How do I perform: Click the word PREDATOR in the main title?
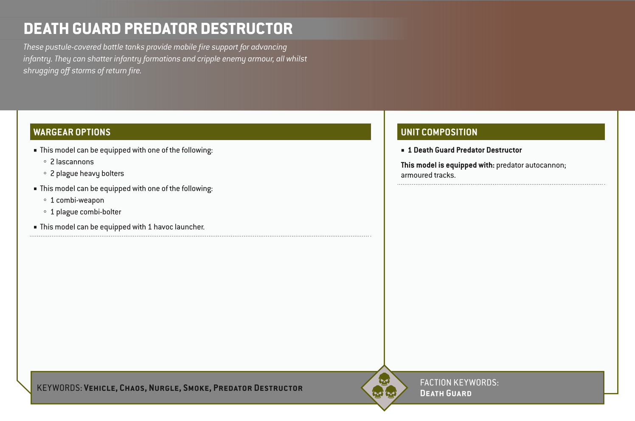[161, 29]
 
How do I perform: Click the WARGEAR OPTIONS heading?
[72, 132]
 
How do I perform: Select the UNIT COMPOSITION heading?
[439, 132]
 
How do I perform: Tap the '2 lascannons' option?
[72, 162]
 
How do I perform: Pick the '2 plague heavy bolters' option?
[87, 174]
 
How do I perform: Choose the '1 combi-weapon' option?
[77, 200]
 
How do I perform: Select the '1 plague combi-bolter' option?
[85, 212]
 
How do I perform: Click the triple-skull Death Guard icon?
[384, 387]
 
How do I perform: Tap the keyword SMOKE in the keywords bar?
[196, 388]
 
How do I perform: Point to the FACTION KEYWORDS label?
[459, 382]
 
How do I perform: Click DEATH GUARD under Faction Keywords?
[446, 393]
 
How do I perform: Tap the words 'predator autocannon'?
[531, 165]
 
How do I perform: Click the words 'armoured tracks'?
[428, 175]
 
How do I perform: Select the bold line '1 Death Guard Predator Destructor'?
[464, 150]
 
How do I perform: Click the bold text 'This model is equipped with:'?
[447, 165]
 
